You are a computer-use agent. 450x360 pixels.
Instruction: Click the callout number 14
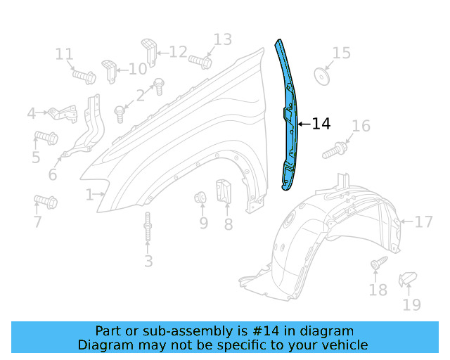click(321, 124)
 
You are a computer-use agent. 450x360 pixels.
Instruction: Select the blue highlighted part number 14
click(290, 120)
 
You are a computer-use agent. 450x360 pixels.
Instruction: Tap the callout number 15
click(341, 53)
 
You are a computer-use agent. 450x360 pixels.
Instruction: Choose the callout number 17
click(423, 222)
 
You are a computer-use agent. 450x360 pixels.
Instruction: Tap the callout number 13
click(222, 39)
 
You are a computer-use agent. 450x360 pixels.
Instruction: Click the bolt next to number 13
click(200, 61)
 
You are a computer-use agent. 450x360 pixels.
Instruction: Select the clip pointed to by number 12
click(148, 49)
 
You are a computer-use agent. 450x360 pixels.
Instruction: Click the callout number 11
click(64, 54)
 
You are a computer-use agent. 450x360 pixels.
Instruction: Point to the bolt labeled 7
click(46, 203)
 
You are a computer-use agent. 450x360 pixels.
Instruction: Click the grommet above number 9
click(200, 198)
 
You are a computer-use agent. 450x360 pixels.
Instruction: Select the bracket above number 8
click(224, 192)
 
